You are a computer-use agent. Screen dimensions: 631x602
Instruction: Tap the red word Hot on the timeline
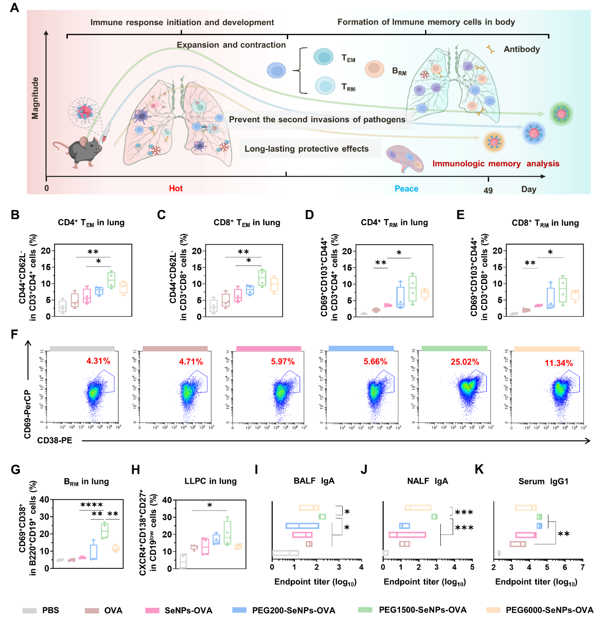coord(176,189)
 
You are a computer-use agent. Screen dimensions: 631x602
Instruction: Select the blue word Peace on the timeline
coord(406,189)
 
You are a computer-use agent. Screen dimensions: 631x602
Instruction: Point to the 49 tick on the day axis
coord(488,190)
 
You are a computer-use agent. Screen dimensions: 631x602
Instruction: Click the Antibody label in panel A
coord(521,49)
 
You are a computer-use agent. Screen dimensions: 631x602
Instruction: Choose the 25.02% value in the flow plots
coord(465,362)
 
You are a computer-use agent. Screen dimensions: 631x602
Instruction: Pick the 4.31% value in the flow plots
coord(98,361)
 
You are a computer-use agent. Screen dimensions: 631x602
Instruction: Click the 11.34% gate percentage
coord(558,363)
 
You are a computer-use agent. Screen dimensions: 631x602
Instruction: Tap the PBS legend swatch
coord(29,611)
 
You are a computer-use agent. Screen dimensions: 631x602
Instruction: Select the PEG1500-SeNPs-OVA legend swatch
coord(365,610)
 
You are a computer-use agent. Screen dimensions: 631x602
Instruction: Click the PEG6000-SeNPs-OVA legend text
coord(549,610)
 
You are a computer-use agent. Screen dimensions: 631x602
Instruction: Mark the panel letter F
coord(14,335)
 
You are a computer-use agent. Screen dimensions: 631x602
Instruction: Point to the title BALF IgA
coord(314,481)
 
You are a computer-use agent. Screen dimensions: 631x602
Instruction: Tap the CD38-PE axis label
coord(55,440)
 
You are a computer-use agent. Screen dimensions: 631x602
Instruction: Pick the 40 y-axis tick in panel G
coord(45,500)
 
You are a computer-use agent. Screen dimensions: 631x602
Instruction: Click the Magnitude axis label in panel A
coord(35,98)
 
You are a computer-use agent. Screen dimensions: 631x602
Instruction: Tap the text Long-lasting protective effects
coord(306,149)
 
